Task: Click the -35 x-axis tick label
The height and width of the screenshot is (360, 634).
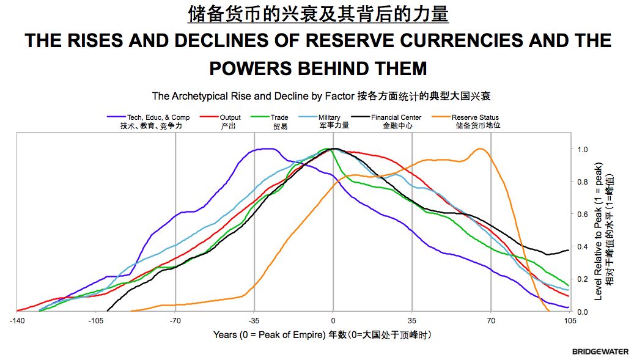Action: [254, 320]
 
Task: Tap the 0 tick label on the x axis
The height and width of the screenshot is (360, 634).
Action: [333, 320]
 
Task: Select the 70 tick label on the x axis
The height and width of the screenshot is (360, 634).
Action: [491, 320]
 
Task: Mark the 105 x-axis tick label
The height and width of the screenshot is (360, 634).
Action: [569, 320]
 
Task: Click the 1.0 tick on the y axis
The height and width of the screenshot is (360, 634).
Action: [583, 149]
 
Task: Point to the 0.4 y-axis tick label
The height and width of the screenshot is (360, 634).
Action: [583, 247]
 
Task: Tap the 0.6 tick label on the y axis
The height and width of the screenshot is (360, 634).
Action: [583, 215]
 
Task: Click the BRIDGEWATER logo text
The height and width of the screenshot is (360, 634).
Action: [600, 351]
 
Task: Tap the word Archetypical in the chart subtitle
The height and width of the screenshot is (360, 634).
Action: [208, 96]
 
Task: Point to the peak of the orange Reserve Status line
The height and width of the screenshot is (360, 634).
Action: [480, 149]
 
